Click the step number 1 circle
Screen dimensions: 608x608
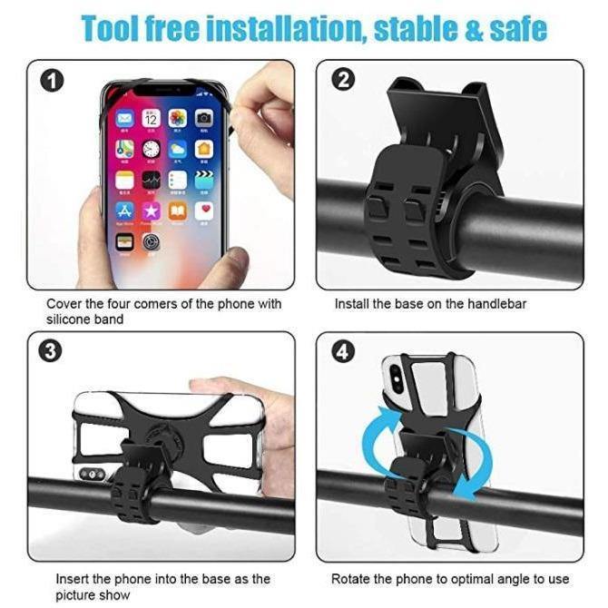pos(52,81)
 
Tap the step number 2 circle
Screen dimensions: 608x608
pos(343,80)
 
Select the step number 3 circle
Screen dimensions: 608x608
pos(51,352)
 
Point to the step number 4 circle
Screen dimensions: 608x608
pos(343,352)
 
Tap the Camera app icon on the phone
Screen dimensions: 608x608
pos(204,118)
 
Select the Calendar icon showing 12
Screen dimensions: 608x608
pos(152,118)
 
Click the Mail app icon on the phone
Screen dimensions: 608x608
pos(124,118)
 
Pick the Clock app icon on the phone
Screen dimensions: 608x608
pos(152,149)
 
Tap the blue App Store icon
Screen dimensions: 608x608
pos(124,211)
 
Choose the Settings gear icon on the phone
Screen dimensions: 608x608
pos(152,242)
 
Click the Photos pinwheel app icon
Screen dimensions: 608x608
pos(178,118)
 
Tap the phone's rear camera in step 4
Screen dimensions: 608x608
pos(396,376)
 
